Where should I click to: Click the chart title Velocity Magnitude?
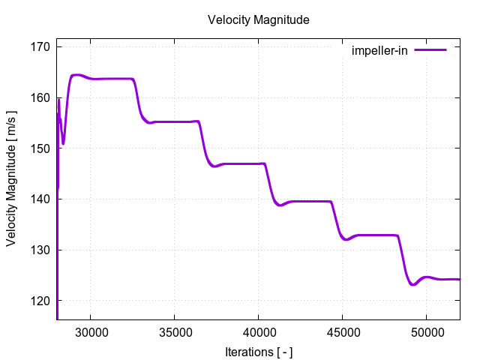coord(258,20)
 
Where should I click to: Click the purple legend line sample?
coord(430,50)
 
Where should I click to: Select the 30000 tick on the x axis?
coord(91,330)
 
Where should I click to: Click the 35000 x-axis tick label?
coord(174,330)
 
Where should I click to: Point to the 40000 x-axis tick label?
coord(258,330)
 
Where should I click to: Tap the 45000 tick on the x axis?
coord(342,330)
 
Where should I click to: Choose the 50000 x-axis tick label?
coord(426,330)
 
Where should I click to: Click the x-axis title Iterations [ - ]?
coord(258,351)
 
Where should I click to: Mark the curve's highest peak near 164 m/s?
coord(76,75)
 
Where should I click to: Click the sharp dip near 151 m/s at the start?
coord(63,143)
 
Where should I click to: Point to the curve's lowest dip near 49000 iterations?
coord(412,285)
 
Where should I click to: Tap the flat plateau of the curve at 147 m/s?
coord(240,163)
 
